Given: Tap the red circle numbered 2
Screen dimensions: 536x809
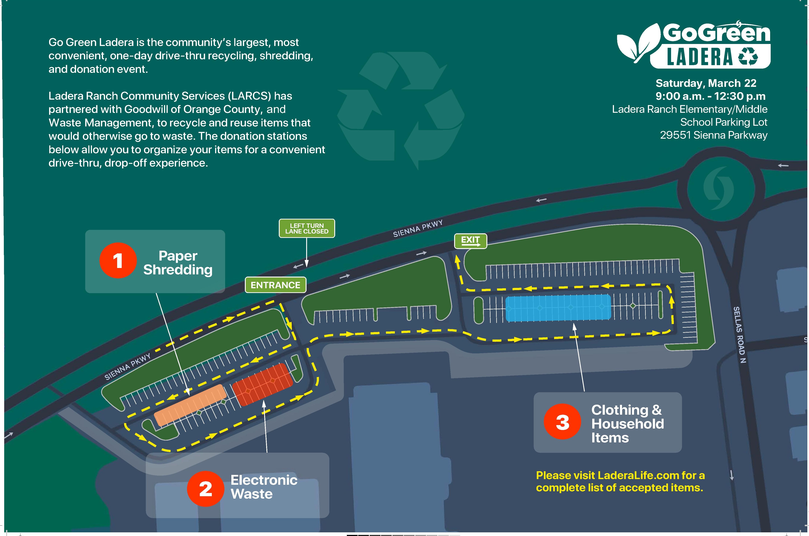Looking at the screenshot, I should (x=205, y=489).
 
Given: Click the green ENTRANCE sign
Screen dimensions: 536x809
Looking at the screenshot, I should (x=276, y=285).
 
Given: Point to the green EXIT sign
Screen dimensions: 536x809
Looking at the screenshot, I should (x=470, y=241).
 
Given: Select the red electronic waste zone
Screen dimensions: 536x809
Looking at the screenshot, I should (x=263, y=385).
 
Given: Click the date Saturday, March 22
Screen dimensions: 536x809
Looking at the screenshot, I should (x=706, y=83).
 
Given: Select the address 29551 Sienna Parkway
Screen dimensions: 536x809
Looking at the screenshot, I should (x=714, y=135).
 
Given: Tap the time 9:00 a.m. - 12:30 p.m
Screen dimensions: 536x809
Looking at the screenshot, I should (x=710, y=96).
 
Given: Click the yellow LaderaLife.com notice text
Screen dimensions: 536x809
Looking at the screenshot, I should (x=620, y=481).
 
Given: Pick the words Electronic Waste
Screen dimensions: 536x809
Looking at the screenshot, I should (x=263, y=487).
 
